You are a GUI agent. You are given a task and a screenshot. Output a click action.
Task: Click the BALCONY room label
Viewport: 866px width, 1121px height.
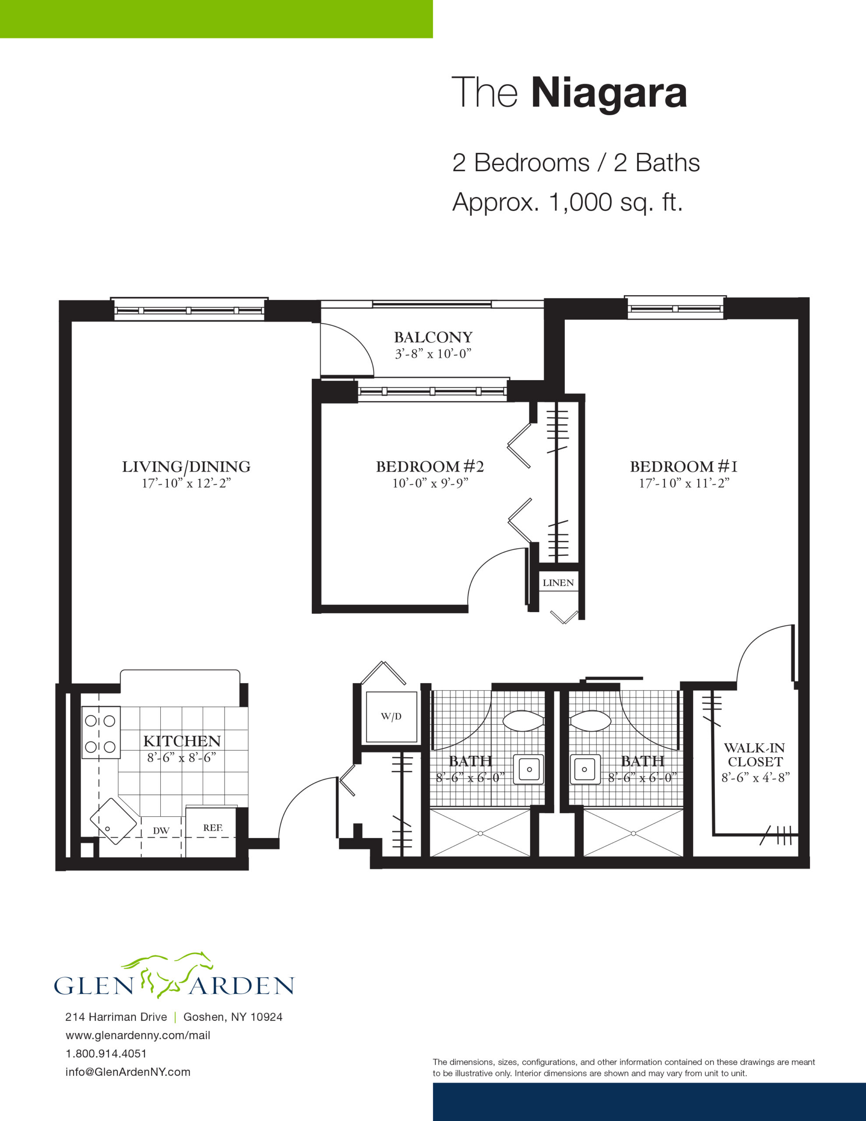click(x=433, y=337)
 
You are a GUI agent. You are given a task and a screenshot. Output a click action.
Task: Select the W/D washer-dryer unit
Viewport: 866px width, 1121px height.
click(x=391, y=716)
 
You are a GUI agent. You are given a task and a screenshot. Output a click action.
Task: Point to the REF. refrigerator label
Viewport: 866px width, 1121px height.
click(x=212, y=828)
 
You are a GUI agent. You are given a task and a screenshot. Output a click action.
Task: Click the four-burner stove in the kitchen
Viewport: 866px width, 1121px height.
click(x=101, y=733)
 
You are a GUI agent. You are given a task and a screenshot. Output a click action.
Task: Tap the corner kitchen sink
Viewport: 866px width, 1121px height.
click(x=113, y=821)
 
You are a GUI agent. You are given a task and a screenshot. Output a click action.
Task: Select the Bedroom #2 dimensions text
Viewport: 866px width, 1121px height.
click(x=430, y=483)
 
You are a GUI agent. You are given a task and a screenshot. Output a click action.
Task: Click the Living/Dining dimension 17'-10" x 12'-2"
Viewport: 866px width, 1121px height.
click(x=187, y=483)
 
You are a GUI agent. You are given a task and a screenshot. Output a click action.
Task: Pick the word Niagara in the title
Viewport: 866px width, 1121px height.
click(x=609, y=93)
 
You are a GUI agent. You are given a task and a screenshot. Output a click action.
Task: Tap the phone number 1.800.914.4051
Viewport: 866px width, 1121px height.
click(x=106, y=1053)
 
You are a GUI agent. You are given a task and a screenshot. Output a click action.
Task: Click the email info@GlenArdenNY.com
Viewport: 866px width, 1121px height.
click(x=128, y=1072)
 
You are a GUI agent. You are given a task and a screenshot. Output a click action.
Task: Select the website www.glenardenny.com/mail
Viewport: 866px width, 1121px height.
click(x=138, y=1035)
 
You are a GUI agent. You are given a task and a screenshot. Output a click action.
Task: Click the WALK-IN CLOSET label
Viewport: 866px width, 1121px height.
click(x=755, y=754)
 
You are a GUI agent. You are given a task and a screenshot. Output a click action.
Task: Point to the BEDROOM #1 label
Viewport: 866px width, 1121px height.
click(x=684, y=466)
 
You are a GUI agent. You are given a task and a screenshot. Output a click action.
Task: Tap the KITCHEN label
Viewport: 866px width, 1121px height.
click(x=182, y=741)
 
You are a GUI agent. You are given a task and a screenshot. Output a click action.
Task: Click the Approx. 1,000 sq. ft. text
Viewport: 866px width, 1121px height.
click(x=567, y=202)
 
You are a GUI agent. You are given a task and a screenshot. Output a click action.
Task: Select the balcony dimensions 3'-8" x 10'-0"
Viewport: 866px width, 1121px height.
click(x=433, y=354)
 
